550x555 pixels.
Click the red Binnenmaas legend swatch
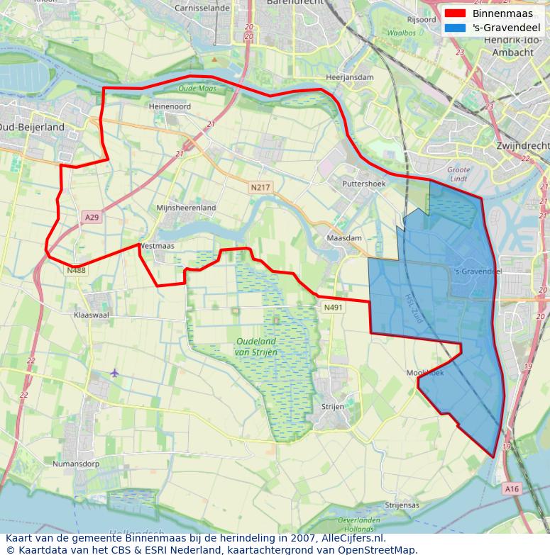point(455,13)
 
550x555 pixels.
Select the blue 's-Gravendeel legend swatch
point(455,28)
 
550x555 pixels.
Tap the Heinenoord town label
point(170,106)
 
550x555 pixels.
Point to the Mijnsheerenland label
point(186,208)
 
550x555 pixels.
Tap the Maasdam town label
point(343,238)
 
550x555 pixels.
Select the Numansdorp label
point(76,464)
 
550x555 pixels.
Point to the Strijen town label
point(332,407)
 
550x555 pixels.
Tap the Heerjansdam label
point(349,77)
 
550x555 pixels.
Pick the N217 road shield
point(260,188)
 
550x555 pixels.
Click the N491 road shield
point(332,307)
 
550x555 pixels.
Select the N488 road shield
point(76,270)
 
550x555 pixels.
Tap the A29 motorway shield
point(91,218)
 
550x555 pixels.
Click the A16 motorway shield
point(512,488)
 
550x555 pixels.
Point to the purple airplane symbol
point(115,373)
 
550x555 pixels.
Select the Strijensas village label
point(402,505)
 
